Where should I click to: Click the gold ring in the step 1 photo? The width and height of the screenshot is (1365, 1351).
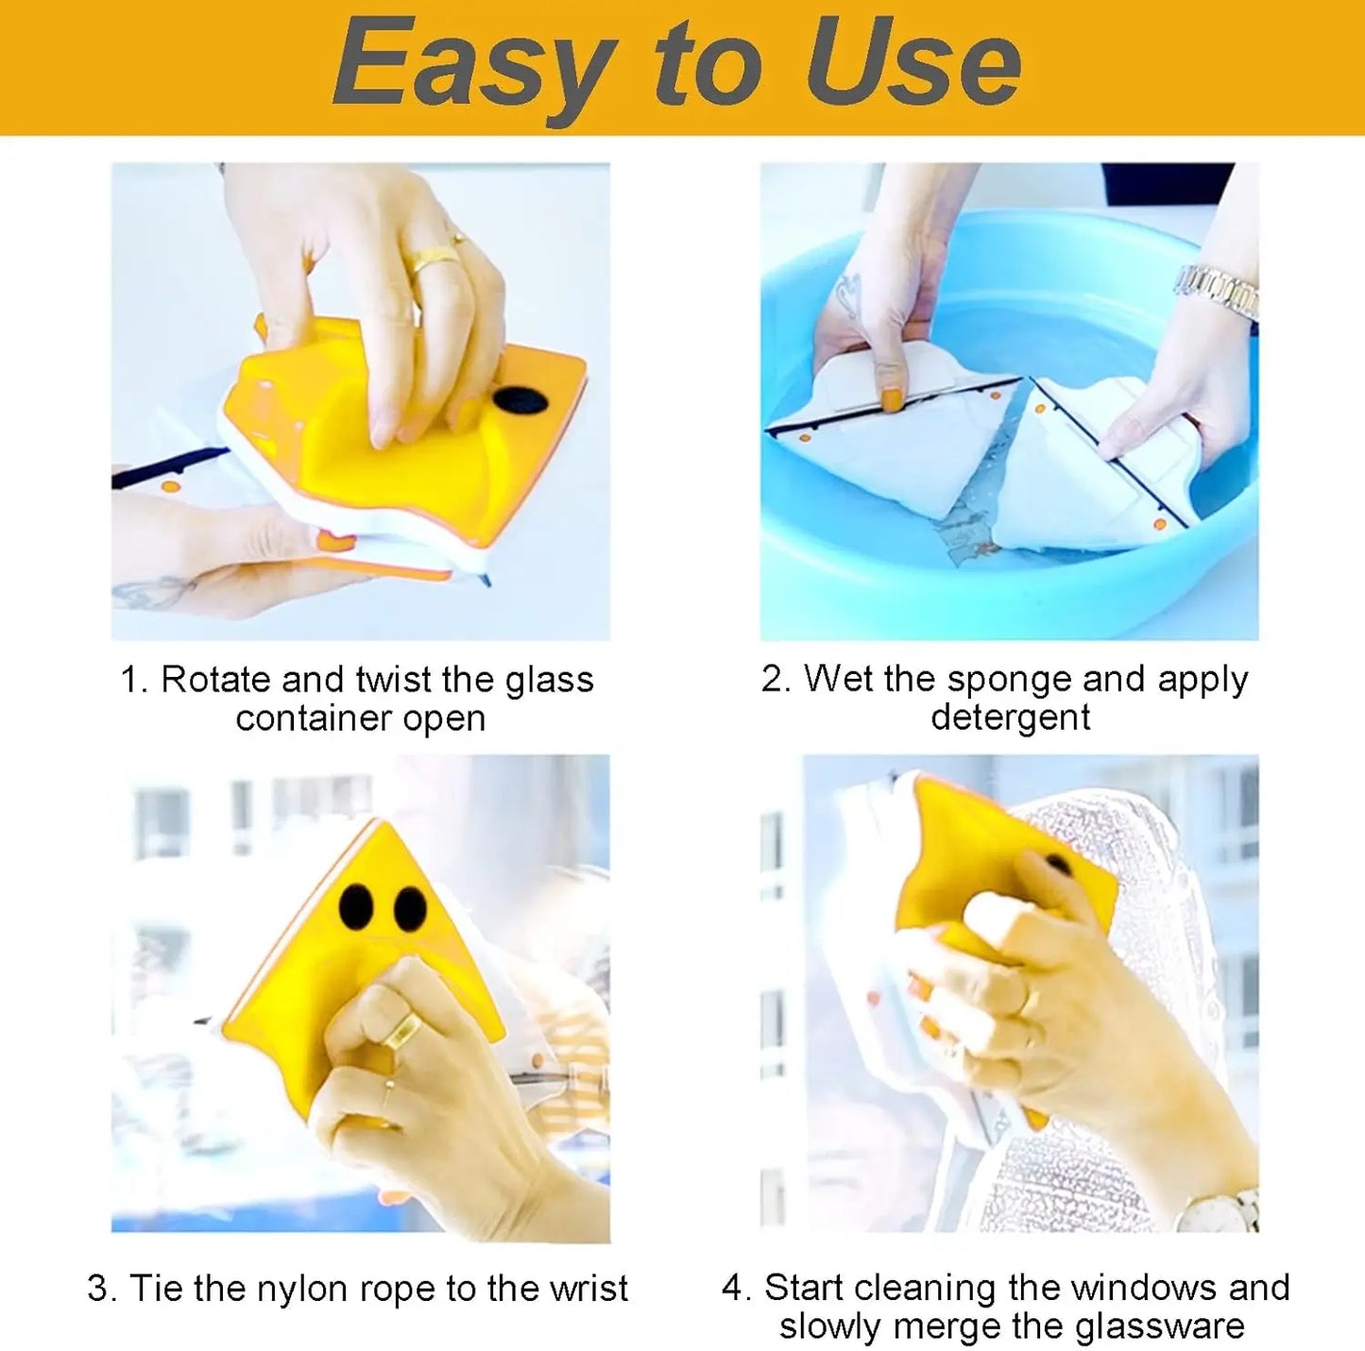pyautogui.click(x=434, y=258)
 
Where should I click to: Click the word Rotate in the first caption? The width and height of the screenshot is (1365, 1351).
pyautogui.click(x=216, y=680)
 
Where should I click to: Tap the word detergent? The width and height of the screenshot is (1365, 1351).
pyautogui.click(x=1010, y=718)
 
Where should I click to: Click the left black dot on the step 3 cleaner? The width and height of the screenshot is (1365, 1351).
pyautogui.click(x=355, y=905)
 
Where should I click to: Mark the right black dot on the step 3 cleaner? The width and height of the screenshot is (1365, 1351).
pyautogui.click(x=410, y=908)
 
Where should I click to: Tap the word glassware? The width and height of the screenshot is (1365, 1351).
pyautogui.click(x=1160, y=1326)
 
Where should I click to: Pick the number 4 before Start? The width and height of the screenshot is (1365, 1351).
pyautogui.click(x=732, y=1288)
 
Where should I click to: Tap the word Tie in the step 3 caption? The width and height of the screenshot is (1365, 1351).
pyautogui.click(x=157, y=1288)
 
